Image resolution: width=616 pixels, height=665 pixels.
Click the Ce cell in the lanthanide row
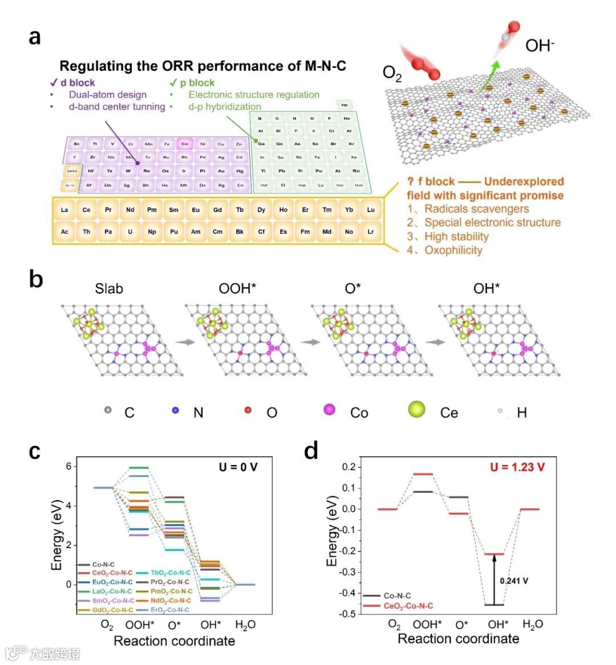click(x=86, y=210)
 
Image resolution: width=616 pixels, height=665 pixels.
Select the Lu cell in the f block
click(x=371, y=210)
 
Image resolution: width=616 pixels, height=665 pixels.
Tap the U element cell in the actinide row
click(x=130, y=231)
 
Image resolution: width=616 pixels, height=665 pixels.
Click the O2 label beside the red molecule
click(x=392, y=74)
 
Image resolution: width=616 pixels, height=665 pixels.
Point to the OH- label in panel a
click(x=539, y=46)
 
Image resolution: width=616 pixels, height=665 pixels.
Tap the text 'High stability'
click(x=456, y=236)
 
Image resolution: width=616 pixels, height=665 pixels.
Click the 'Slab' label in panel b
click(x=109, y=289)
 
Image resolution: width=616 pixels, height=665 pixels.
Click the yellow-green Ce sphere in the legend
click(x=417, y=409)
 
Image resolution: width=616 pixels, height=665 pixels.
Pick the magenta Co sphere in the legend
click(x=330, y=409)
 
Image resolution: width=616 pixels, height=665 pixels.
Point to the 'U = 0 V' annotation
click(x=238, y=467)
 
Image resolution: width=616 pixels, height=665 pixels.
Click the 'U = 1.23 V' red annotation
click(x=517, y=467)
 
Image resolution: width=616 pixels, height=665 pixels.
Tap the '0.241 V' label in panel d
click(x=514, y=581)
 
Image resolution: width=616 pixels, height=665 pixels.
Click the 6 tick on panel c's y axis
click(x=68, y=467)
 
